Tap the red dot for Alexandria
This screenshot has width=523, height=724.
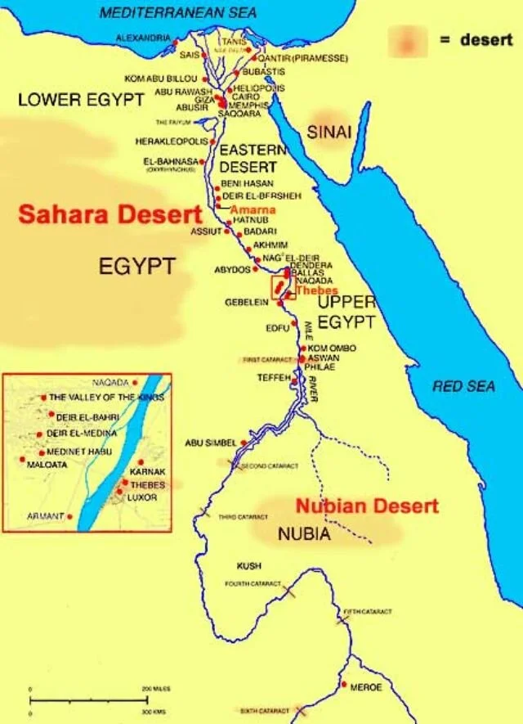pos(177,38)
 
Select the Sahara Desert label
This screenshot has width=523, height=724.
pos(110,215)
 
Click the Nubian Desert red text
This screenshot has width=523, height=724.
pos(367,506)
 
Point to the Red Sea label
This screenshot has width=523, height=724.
pos(463,386)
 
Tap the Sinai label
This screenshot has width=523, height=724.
pos(329,132)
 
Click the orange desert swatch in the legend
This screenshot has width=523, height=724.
pos(407,42)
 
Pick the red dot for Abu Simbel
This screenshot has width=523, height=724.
pos(243,443)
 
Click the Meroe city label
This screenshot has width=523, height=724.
pos(365,688)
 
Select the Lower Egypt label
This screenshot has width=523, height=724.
pos(81,100)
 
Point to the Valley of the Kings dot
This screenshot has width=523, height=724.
pos(43,398)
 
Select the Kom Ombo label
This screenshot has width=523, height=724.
pos(332,349)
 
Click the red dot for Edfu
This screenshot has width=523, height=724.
pos(294,324)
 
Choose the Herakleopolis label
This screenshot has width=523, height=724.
pos(168,142)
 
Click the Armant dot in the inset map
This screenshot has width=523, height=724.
pos(70,516)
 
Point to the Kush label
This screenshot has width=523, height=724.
pos(248,566)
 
